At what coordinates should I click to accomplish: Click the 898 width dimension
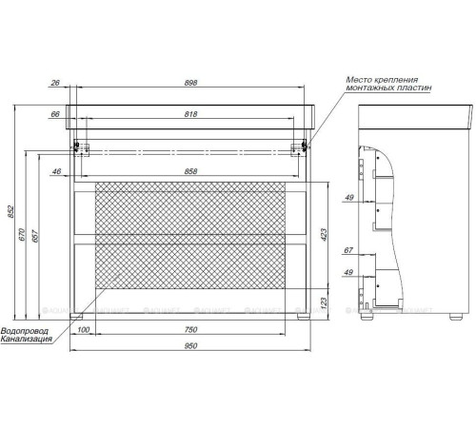190,83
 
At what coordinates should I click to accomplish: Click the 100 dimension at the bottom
85,329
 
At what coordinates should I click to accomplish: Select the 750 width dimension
190,329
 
